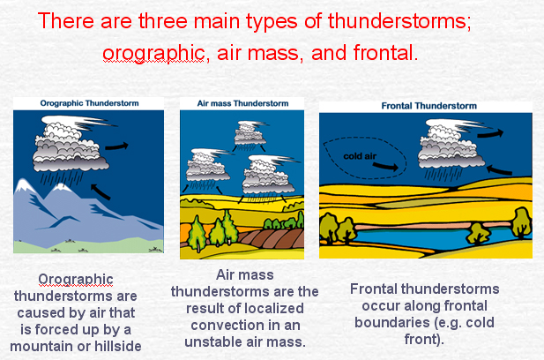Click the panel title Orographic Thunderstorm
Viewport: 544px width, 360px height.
(x=90, y=103)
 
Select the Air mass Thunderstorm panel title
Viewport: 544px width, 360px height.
(x=242, y=103)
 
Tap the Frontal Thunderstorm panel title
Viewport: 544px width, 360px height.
(x=428, y=106)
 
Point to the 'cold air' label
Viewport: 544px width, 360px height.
(x=360, y=156)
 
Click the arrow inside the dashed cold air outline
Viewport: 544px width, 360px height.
(x=385, y=167)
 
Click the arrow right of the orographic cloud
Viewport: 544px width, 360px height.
(x=116, y=146)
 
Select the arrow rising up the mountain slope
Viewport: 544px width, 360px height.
(x=101, y=192)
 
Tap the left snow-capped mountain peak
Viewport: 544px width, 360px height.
(x=23, y=185)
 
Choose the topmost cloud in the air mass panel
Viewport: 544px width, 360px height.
(x=250, y=132)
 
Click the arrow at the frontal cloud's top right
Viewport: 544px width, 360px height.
(x=490, y=133)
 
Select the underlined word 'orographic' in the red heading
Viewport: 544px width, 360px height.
(x=153, y=54)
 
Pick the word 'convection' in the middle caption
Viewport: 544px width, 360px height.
(x=227, y=326)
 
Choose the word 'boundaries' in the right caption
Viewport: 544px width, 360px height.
(x=390, y=323)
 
